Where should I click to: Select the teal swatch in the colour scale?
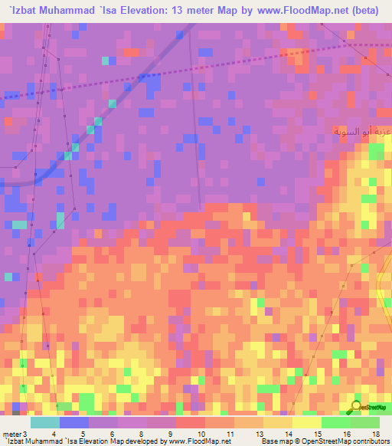45,422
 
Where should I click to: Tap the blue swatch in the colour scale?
74,422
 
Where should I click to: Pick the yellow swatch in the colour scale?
306,422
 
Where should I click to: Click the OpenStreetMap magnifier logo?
355,407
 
